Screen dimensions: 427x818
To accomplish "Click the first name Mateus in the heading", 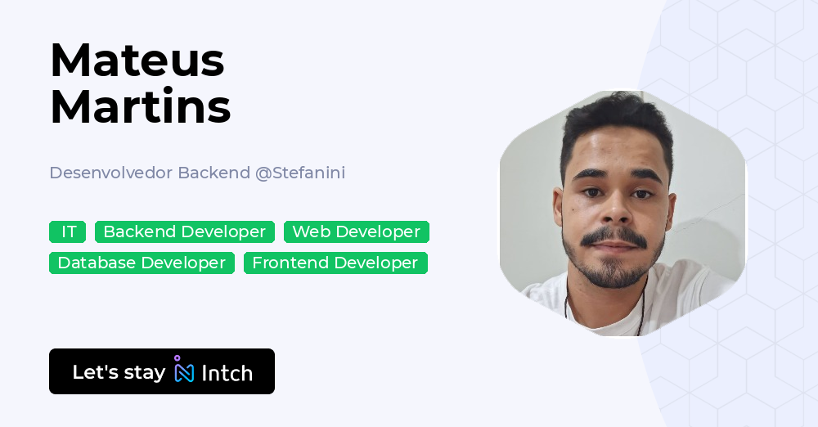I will [x=137, y=60].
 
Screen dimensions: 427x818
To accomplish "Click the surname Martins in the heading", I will [x=140, y=106].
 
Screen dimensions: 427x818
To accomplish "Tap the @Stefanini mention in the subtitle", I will [x=300, y=173].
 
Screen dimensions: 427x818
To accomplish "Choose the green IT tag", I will [x=68, y=232].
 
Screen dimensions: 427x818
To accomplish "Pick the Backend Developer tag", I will [x=184, y=232].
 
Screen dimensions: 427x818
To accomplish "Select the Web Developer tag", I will [x=356, y=232].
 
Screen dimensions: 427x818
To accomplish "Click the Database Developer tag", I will [x=142, y=263].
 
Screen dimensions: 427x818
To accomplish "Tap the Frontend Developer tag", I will [x=335, y=263].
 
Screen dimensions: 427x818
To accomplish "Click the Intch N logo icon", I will [x=185, y=373].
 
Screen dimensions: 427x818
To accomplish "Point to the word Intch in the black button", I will [x=227, y=373].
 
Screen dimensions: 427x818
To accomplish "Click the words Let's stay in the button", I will [x=119, y=372].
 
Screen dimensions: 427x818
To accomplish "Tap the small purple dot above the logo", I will [x=177, y=357].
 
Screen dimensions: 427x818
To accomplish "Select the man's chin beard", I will [x=614, y=273].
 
